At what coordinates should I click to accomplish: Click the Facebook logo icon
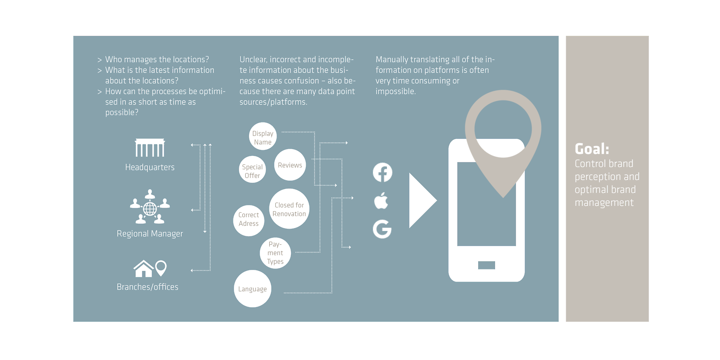pyautogui.click(x=382, y=173)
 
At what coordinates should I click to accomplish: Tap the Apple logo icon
pyautogui.click(x=381, y=201)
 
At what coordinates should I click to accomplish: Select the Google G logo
pyautogui.click(x=382, y=229)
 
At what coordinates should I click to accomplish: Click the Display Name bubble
pyautogui.click(x=263, y=136)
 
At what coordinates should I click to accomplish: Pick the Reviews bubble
pyautogui.click(x=290, y=165)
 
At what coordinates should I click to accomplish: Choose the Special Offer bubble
pyautogui.click(x=252, y=169)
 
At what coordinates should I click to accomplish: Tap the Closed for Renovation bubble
pyautogui.click(x=289, y=209)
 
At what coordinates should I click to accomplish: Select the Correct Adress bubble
pyautogui.click(x=249, y=221)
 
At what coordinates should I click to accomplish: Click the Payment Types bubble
pyautogui.click(x=275, y=253)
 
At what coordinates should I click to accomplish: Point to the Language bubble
pyautogui.click(x=253, y=289)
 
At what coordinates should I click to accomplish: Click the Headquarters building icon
pyautogui.click(x=150, y=147)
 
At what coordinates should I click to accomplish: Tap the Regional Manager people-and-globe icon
pyautogui.click(x=150, y=207)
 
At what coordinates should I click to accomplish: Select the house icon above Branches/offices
pyautogui.click(x=143, y=269)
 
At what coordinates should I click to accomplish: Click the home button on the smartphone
pyautogui.click(x=486, y=265)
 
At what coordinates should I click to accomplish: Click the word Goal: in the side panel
pyautogui.click(x=592, y=149)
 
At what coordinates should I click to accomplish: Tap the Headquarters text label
pyautogui.click(x=150, y=167)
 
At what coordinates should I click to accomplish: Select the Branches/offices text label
pyautogui.click(x=147, y=287)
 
